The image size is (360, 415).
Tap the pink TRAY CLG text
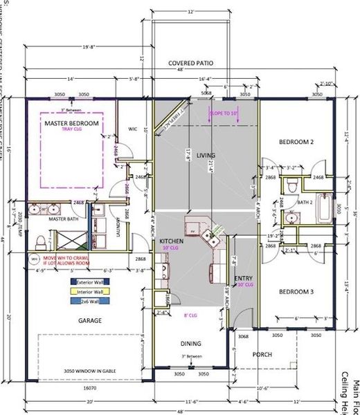pyautogui.click(x=72, y=130)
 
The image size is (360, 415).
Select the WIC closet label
pyautogui.click(x=133, y=128)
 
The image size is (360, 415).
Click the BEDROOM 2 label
pyautogui.click(x=296, y=142)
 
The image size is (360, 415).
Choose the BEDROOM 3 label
pyautogui.click(x=296, y=292)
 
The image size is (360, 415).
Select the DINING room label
pyautogui.click(x=191, y=344)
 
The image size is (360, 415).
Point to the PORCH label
pyautogui.click(x=262, y=355)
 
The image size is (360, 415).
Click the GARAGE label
pyautogui.click(x=90, y=320)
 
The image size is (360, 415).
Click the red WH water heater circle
pyautogui.click(x=34, y=259)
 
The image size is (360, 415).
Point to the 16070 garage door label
pyautogui.click(x=89, y=389)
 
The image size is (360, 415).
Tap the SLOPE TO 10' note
pyautogui.click(x=223, y=111)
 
